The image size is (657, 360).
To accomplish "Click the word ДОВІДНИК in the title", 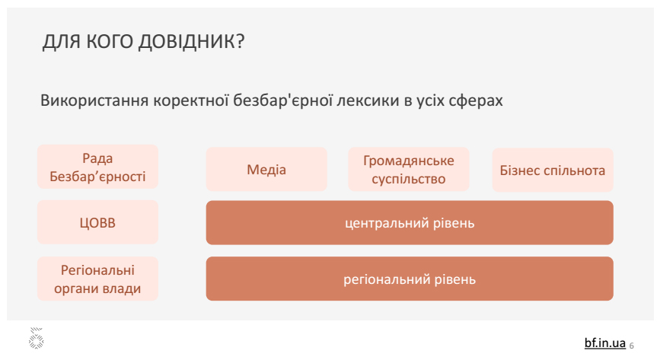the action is (192, 42).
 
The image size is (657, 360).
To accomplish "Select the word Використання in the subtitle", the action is (94, 100).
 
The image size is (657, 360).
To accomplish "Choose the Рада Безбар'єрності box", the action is (97, 167).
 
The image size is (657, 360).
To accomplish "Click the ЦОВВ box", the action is (97, 222).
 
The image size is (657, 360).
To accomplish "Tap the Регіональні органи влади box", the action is (97, 279).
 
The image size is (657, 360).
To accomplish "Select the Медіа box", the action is (266, 169).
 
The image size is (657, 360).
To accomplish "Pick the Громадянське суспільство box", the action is (409, 169).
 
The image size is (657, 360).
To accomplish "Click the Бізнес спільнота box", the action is (553, 170).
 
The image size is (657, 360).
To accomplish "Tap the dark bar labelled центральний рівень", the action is (410, 222).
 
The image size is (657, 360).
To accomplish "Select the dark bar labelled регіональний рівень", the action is (410, 279).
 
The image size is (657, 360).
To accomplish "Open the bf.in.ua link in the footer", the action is (605, 342).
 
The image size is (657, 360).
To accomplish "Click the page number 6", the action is (631, 346).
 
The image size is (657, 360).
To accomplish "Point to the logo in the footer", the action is (37, 338).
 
